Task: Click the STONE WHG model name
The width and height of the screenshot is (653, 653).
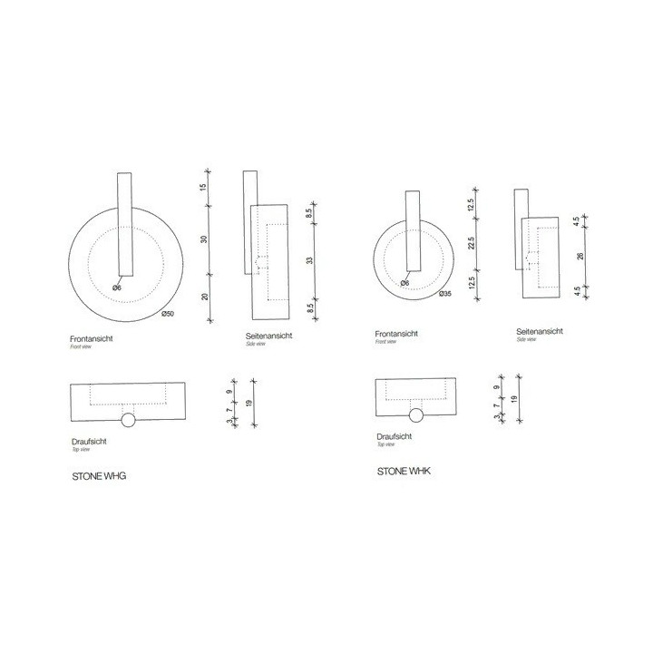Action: [x=99, y=475]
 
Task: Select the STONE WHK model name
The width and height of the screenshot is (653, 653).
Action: [x=405, y=473]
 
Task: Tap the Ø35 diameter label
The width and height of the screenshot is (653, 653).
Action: [x=444, y=294]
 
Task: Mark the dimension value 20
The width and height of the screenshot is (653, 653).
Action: [x=205, y=297]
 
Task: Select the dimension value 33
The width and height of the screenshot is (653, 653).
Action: [x=309, y=260]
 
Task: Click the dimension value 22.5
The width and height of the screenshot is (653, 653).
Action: [x=472, y=242]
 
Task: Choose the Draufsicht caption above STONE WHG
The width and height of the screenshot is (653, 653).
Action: [x=89, y=441]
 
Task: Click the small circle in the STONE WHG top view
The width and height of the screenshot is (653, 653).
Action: [x=128, y=420]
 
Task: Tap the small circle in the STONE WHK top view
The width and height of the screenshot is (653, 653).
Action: [x=416, y=415]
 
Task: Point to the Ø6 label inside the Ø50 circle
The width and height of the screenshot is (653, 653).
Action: [x=117, y=288]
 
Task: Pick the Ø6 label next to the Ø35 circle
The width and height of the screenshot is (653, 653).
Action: [x=404, y=283]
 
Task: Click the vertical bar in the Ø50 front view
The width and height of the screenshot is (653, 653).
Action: [x=125, y=223]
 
